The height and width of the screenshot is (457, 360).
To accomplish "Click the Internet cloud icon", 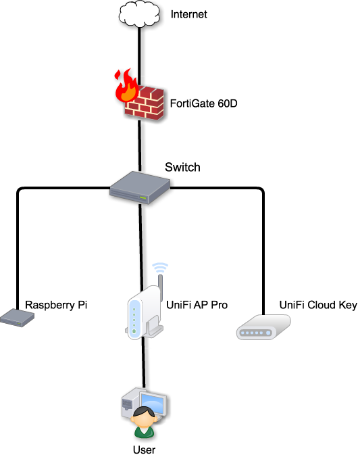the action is pos(139,14).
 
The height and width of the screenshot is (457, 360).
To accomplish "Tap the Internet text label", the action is pos(188,14).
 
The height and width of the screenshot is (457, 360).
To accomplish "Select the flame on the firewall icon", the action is pos(126,86).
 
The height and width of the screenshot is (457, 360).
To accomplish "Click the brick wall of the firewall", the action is pos(145,103).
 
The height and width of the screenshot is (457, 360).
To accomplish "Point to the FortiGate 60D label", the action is pos(203,103).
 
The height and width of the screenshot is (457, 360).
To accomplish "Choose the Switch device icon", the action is pos(140,187).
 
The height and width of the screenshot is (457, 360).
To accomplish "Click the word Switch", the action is pos(182,167).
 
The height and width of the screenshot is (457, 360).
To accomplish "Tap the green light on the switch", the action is pos(143,198).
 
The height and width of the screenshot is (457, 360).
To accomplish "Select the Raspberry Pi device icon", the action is pos(17,318).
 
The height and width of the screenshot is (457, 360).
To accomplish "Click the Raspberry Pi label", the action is pos(56,305).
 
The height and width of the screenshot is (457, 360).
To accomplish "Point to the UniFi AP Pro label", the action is pos(197,305).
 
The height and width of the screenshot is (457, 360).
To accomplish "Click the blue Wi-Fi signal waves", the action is pos(160,268).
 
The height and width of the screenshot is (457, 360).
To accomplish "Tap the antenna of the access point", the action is pos(160,287).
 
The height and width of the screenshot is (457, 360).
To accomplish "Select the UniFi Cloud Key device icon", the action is pos(263,327).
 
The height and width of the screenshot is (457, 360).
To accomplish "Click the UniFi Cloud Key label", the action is pos(318,305).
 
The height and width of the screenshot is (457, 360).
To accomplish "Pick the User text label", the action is pos(144,450).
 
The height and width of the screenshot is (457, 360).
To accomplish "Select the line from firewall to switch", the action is pos(140,146).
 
